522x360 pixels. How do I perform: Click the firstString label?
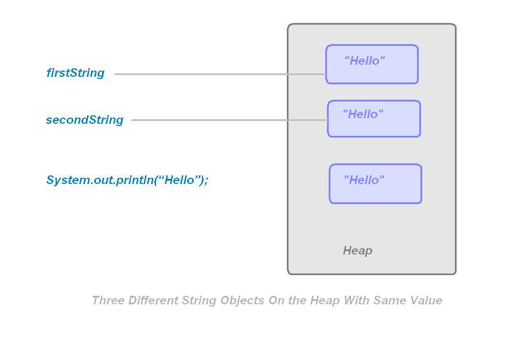75,73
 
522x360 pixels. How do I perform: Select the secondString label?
84,120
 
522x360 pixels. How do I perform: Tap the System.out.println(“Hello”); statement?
127,180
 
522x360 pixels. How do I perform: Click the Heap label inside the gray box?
357,251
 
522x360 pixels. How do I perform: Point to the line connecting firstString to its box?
218,74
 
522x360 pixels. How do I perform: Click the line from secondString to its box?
229,120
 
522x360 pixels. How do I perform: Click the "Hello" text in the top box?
364,61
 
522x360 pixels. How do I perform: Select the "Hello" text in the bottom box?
364,180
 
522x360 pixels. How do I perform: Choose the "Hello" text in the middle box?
363,114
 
